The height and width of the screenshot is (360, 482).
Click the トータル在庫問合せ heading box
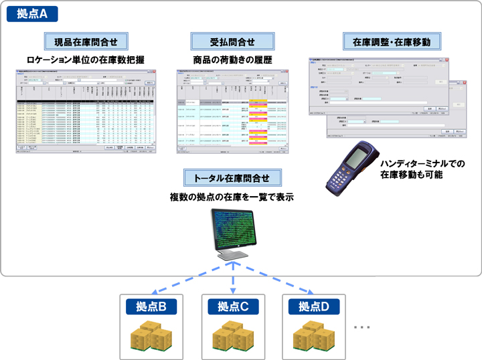point(232,178)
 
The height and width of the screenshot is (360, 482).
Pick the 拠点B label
point(151,306)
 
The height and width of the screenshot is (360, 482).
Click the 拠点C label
point(233,306)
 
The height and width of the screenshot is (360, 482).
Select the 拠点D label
point(313,306)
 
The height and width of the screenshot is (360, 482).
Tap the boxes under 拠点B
point(151,336)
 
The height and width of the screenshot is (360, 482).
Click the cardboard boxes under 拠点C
point(233,336)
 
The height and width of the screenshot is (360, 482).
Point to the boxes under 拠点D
point(313,336)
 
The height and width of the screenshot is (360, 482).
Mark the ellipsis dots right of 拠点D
point(361,327)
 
